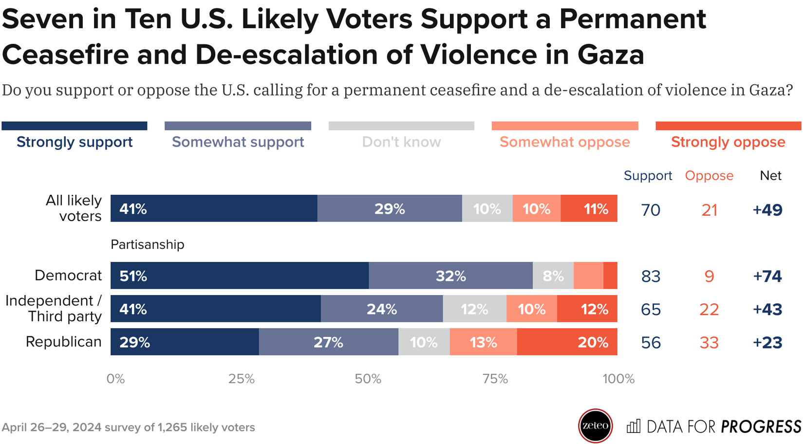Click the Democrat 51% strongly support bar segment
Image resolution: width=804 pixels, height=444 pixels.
pyautogui.click(x=239, y=276)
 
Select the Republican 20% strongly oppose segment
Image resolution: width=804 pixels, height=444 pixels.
pyautogui.click(x=567, y=342)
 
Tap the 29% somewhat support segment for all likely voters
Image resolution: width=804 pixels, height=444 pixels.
pyautogui.click(x=390, y=209)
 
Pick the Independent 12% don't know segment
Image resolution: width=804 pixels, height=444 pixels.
pyautogui.click(x=474, y=309)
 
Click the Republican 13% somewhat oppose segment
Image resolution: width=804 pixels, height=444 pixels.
pyautogui.click(x=483, y=342)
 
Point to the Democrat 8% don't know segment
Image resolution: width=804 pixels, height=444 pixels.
pyautogui.click(x=553, y=276)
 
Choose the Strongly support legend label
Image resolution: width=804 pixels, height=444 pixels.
pyautogui.click(x=75, y=142)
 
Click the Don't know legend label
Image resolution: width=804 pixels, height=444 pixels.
pyautogui.click(x=401, y=142)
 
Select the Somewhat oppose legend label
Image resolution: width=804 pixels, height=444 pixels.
pyautogui.click(x=564, y=142)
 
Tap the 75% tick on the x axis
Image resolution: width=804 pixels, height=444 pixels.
pyautogui.click(x=495, y=379)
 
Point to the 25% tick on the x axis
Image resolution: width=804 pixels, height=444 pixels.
pyautogui.click(x=242, y=379)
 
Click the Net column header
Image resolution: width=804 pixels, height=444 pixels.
pyautogui.click(x=770, y=175)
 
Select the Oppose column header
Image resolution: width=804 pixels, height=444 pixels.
pyautogui.click(x=709, y=175)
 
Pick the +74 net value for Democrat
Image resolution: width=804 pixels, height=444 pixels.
pyautogui.click(x=767, y=276)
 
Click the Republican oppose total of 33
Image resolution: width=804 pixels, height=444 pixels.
pyautogui.click(x=709, y=342)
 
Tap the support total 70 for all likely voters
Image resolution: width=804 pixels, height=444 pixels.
pyautogui.click(x=651, y=210)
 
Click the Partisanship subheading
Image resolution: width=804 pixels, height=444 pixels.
pyautogui.click(x=148, y=244)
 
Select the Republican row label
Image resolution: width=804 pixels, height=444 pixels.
pyautogui.click(x=63, y=342)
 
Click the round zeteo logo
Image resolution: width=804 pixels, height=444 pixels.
pyautogui.click(x=595, y=426)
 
